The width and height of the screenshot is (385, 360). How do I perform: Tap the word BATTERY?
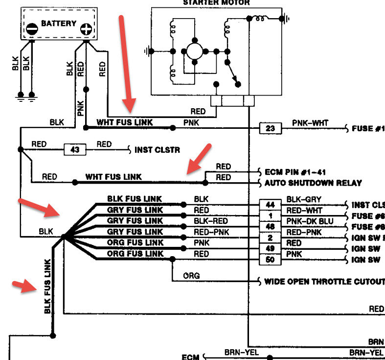coord(59,23)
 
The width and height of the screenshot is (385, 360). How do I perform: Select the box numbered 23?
coord(270,129)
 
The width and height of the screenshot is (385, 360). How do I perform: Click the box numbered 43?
coord(75,149)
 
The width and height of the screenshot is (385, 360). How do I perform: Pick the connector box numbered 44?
coord(270,204)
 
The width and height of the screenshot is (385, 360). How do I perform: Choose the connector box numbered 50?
coord(270,260)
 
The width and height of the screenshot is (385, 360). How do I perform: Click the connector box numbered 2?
coord(270,237)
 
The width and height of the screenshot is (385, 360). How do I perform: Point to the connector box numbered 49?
coord(270,248)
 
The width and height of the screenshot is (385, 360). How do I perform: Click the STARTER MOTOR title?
coord(216,2)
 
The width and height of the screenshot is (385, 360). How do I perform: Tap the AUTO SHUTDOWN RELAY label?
coord(313,183)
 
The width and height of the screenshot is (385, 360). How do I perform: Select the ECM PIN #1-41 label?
coord(295,172)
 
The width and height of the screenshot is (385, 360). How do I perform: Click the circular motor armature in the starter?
coord(195,50)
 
